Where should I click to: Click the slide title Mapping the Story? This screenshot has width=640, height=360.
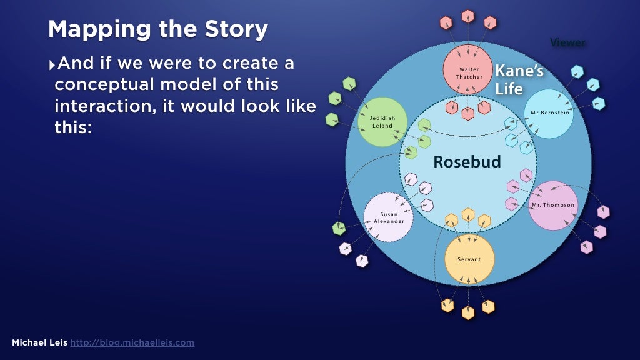[x=158, y=29]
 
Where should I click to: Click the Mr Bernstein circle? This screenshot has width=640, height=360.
[x=549, y=113]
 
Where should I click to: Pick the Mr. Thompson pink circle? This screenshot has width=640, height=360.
[x=552, y=205]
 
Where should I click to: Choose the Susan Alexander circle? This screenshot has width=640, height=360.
[x=388, y=217]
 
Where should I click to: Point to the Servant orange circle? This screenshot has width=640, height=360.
[x=469, y=259]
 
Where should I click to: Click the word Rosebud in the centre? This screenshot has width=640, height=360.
[x=467, y=162]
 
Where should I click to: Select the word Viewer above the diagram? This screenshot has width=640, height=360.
[x=567, y=42]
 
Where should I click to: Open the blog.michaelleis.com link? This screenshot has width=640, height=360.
[x=132, y=342]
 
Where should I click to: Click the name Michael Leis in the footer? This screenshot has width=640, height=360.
[x=39, y=342]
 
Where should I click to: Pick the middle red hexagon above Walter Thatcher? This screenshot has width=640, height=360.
[x=467, y=16]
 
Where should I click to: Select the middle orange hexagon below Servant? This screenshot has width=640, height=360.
[x=467, y=312]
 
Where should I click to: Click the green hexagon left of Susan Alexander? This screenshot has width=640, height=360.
[x=339, y=228]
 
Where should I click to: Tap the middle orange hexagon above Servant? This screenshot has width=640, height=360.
[x=467, y=214]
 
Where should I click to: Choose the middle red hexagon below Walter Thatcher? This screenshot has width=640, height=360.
[x=467, y=114]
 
